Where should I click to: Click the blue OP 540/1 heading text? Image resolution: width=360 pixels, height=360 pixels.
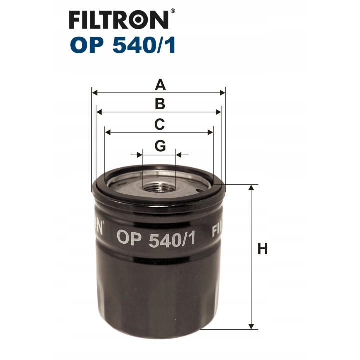[x=123, y=45]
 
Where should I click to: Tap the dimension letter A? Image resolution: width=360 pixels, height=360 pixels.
[x=160, y=85]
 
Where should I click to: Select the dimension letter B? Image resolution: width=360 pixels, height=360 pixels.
[x=160, y=104]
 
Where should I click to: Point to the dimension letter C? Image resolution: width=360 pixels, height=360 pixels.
[x=160, y=124]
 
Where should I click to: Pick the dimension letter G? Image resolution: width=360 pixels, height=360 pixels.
[x=160, y=146]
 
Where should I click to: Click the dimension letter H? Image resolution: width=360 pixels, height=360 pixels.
[x=263, y=249]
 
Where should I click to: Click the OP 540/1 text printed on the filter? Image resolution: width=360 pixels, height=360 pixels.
[x=156, y=239]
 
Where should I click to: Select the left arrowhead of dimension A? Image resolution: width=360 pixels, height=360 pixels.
[x=95, y=93]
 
